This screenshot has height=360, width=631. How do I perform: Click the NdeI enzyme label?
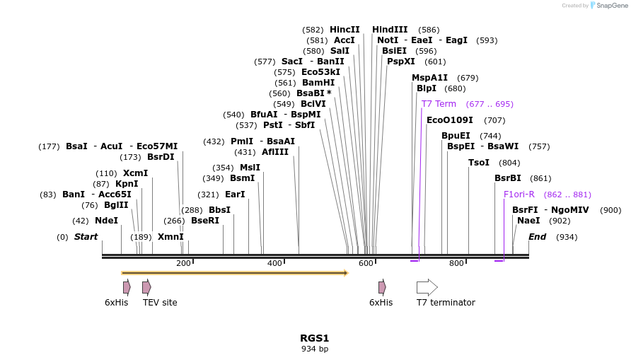tap(106, 221)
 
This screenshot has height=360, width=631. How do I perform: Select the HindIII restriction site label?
tap(390, 30)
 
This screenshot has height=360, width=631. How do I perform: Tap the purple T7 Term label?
tap(439, 104)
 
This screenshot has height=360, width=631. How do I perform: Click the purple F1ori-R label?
tap(519, 194)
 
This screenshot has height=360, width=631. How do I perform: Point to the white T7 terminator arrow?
tap(427, 287)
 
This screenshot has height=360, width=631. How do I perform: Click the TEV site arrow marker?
tap(146, 287)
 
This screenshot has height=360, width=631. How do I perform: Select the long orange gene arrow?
tap(235, 272)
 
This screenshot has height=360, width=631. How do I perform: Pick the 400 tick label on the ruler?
tap(274, 263)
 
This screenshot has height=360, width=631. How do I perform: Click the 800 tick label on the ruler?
tap(456, 263)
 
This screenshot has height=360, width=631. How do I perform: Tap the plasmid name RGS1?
tap(315, 338)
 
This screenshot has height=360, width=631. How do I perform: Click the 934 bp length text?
tap(315, 349)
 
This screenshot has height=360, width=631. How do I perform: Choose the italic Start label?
tap(86, 237)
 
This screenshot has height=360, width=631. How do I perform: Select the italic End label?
tap(538, 237)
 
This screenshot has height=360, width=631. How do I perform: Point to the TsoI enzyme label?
tap(479, 163)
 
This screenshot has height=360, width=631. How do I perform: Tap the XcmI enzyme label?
tap(135, 173)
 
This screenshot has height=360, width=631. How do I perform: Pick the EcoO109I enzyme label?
tap(450, 120)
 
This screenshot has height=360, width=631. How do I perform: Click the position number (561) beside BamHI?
tap(286, 83)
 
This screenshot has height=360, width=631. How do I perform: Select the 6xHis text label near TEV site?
tap(117, 303)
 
